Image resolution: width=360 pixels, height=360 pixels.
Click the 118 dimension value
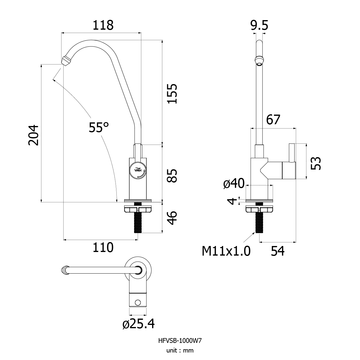tap(103, 25)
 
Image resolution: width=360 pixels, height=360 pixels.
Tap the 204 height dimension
tap(33, 135)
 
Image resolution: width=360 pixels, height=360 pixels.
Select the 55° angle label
tap(99, 127)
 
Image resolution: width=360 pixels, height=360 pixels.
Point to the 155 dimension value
tap(172, 94)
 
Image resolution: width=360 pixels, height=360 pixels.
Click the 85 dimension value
tap(172, 176)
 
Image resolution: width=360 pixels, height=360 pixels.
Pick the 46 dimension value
tap(172, 218)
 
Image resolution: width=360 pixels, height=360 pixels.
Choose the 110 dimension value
tap(103, 247)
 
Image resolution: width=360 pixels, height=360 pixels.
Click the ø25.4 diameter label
tap(138, 324)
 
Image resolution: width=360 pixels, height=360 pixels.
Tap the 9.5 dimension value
tap(259, 25)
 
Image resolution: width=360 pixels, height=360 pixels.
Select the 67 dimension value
tap(273, 120)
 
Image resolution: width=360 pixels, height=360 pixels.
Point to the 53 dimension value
tap(316, 163)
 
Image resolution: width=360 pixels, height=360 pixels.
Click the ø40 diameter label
tap(234, 183)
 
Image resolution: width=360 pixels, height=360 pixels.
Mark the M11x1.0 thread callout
tap(226, 251)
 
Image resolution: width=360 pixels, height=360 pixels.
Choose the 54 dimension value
tap(277, 251)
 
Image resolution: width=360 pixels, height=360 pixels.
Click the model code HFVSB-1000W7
tap(180, 341)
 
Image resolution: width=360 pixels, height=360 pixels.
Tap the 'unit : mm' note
tap(180, 350)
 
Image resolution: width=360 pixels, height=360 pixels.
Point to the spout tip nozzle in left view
tap(66, 60)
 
